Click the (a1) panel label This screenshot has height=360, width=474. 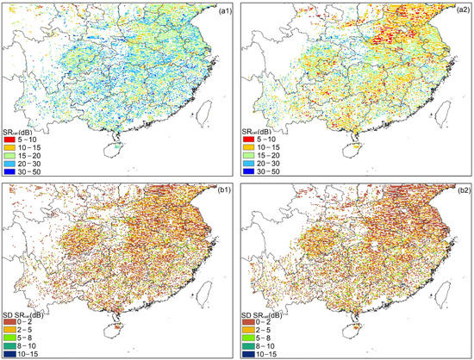[220, 10]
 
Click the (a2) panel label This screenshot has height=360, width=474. [458, 10]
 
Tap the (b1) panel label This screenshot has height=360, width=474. [220, 191]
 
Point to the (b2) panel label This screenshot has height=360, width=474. [458, 191]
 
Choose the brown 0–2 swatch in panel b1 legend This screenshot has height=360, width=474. [11, 317]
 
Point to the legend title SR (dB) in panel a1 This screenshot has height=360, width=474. [21, 127]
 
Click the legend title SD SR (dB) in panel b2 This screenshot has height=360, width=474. [264, 308]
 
